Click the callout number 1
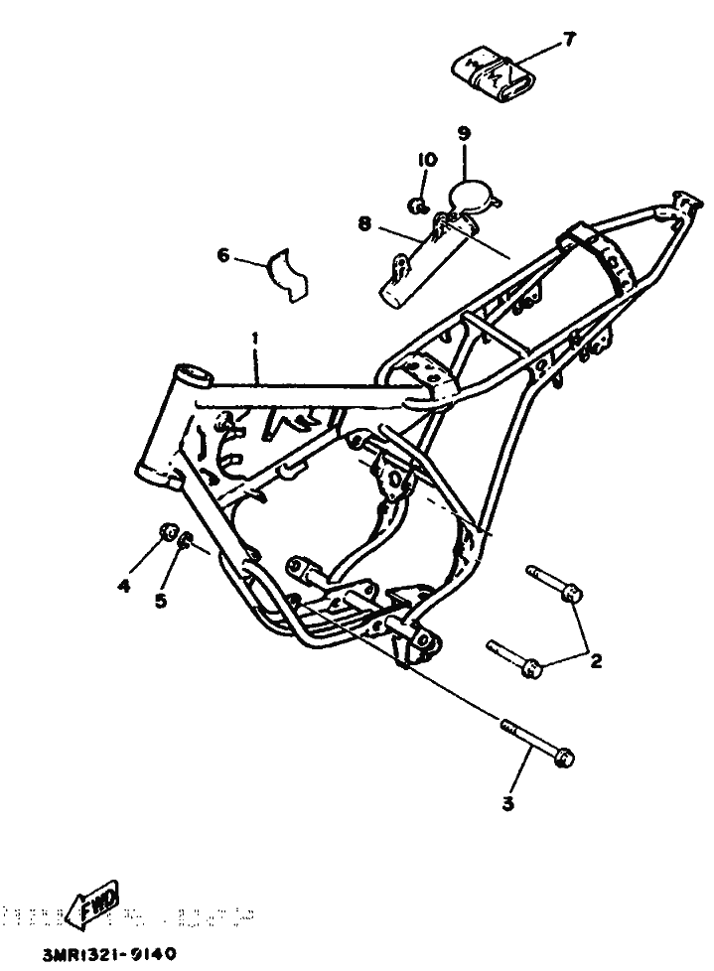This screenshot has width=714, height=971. [x=255, y=340]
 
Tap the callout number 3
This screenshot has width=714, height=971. [x=507, y=805]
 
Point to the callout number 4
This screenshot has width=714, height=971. [x=124, y=587]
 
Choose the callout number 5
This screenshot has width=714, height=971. [x=159, y=599]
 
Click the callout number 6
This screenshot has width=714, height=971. [x=223, y=257]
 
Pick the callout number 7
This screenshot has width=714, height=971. [x=569, y=39]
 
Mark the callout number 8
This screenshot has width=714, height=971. [x=364, y=225]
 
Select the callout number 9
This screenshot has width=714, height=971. [x=464, y=132]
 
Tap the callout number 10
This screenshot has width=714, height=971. [x=426, y=160]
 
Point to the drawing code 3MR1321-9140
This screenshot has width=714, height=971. [x=109, y=955]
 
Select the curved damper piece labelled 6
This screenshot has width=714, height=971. [x=287, y=272]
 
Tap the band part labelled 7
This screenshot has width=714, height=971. [x=492, y=76]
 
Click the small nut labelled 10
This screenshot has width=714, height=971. [x=418, y=207]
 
